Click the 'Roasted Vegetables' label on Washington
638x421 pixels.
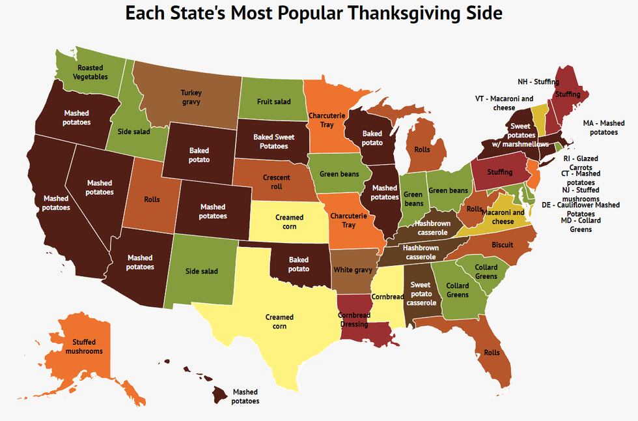click(90, 72)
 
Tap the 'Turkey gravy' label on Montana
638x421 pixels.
click(191, 98)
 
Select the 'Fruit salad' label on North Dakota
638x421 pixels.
click(273, 102)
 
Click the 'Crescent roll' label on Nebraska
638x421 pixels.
click(276, 181)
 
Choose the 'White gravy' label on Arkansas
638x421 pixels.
click(352, 270)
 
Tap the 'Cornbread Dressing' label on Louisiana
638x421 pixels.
click(354, 319)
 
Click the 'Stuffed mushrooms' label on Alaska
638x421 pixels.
click(84, 346)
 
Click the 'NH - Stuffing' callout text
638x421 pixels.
click(538, 82)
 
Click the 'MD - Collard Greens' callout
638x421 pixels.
click(581, 225)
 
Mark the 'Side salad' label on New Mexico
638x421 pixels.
click(202, 271)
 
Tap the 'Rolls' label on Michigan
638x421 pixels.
click(422, 149)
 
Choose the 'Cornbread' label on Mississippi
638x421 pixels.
click(387, 297)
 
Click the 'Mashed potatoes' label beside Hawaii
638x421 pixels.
click(245, 396)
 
